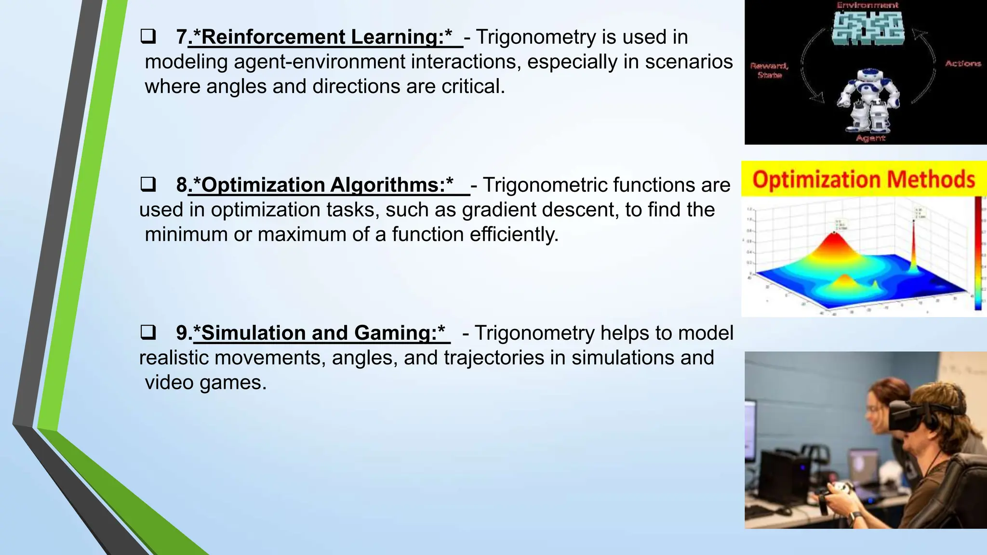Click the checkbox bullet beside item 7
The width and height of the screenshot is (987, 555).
point(148,37)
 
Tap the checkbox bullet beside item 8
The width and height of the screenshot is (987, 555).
point(148,185)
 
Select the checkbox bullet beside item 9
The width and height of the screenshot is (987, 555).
point(148,332)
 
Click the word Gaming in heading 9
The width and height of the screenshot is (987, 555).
point(395,333)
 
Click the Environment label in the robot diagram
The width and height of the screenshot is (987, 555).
point(867,5)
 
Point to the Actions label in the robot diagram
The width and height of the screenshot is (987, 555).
point(963,64)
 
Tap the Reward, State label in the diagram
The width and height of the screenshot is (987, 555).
point(769,70)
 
